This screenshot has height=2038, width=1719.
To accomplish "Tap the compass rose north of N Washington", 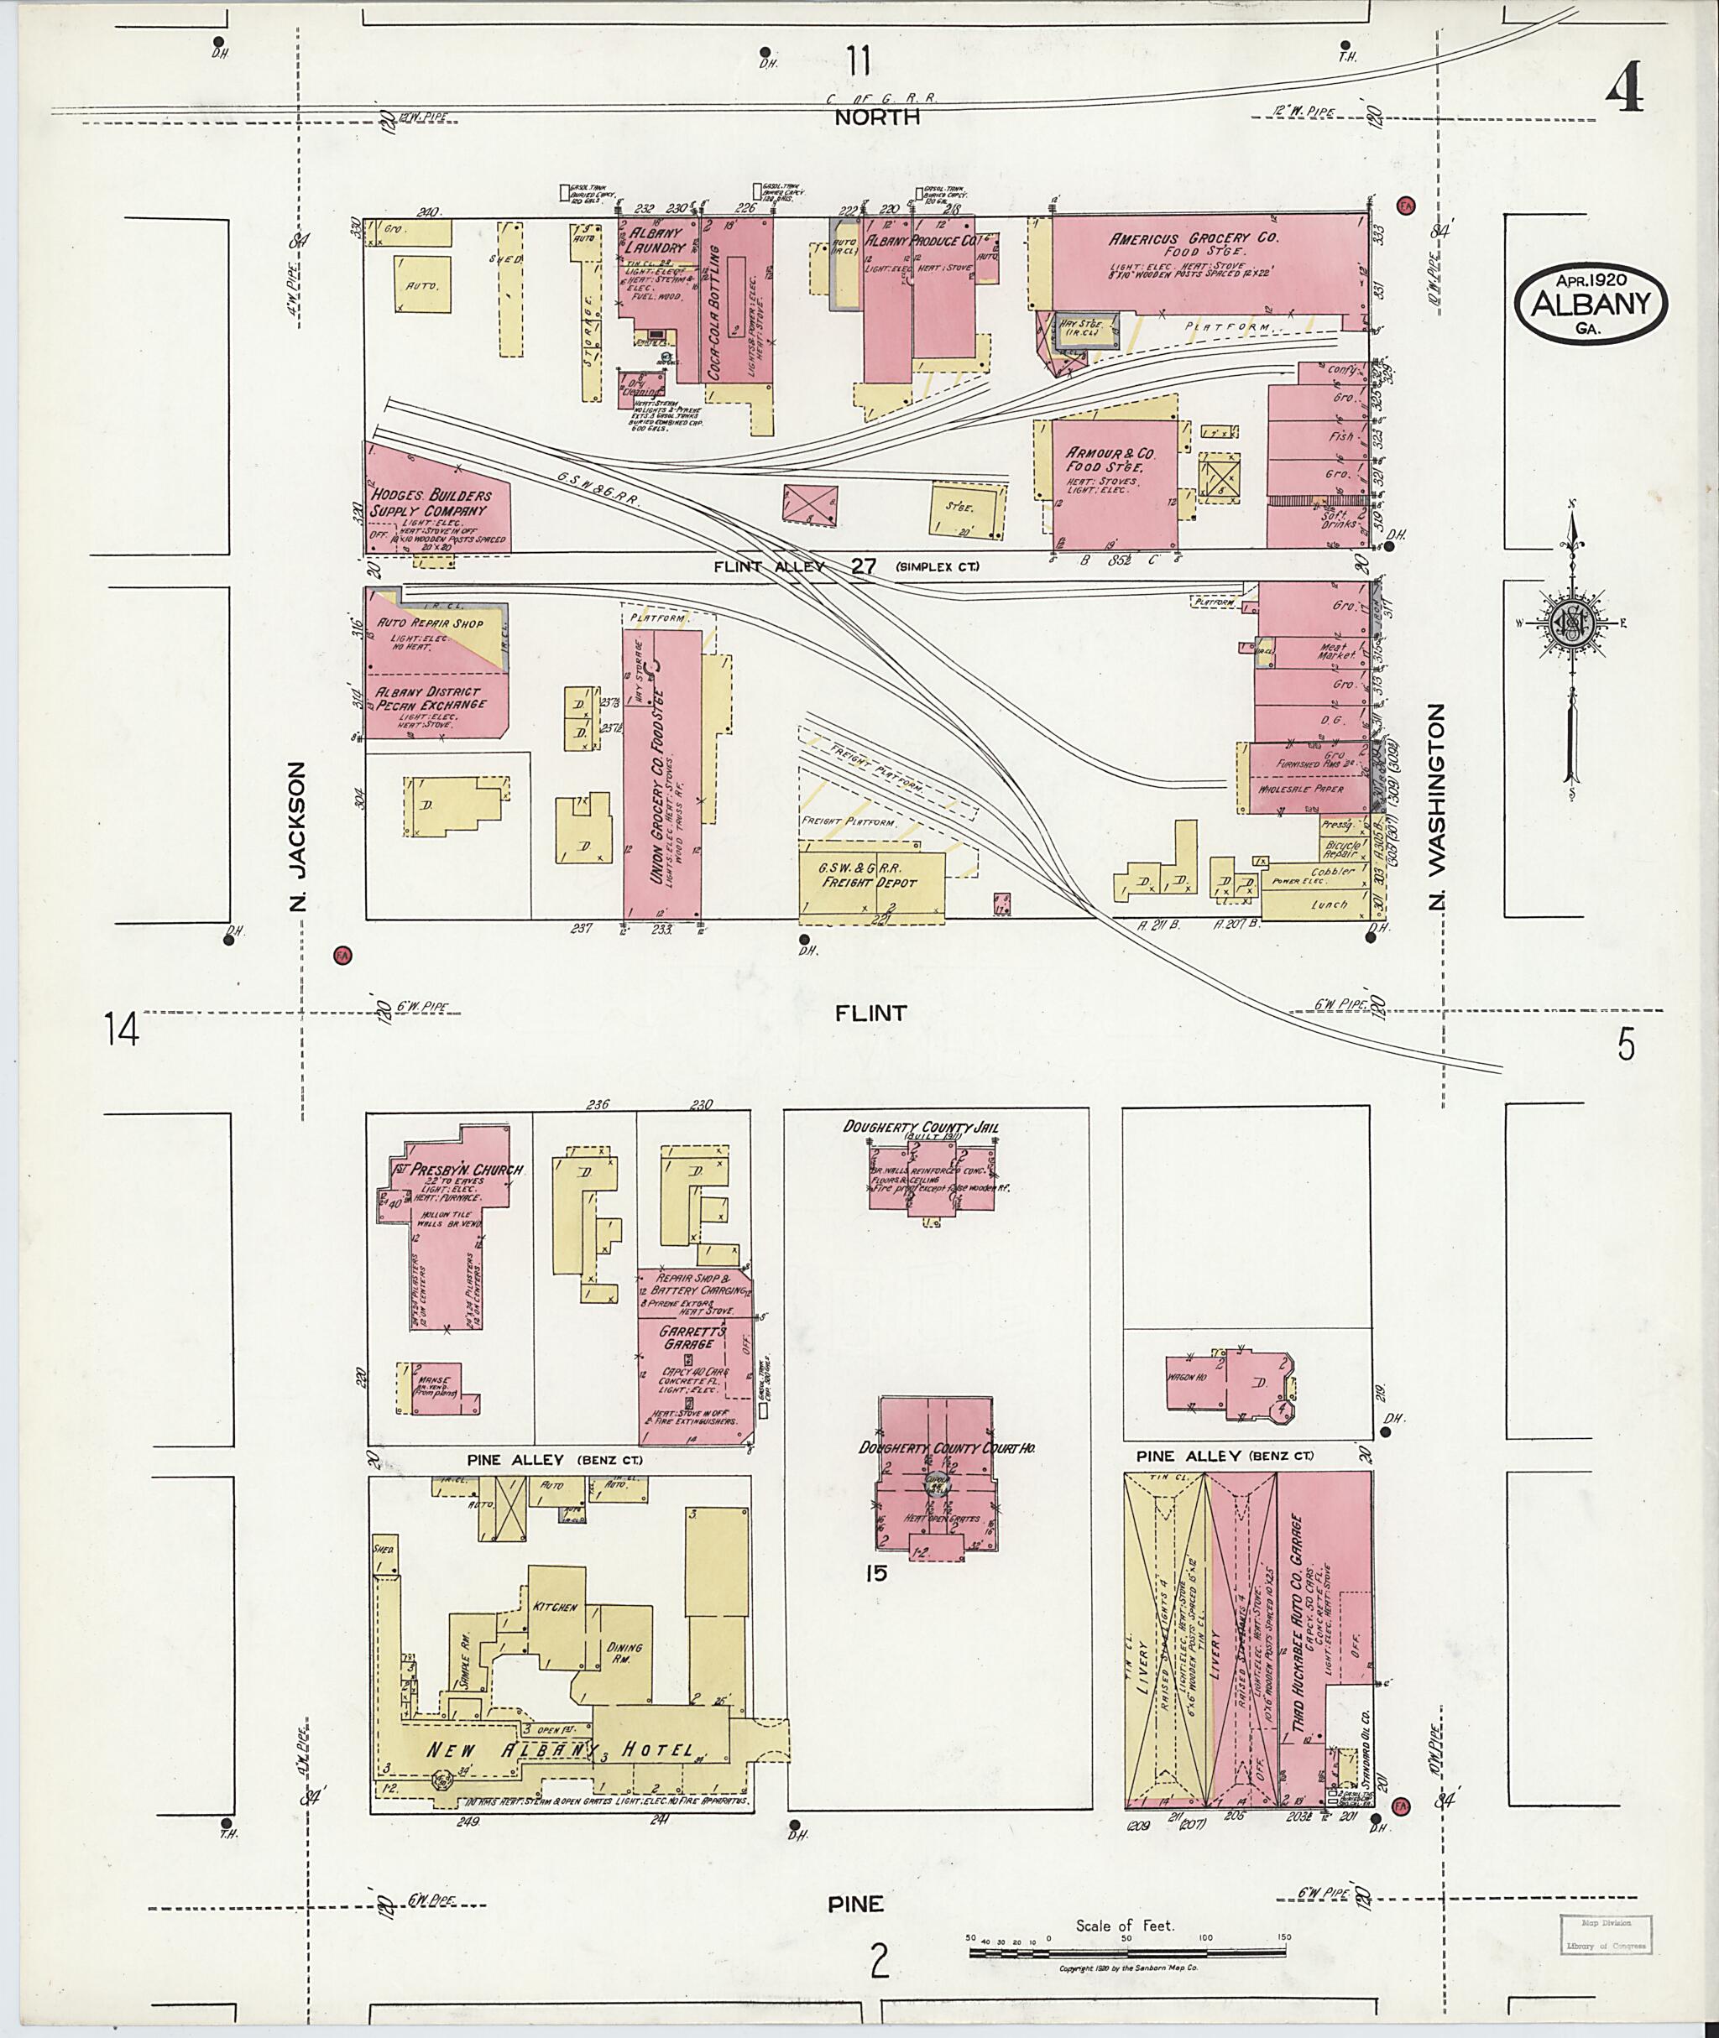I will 1572,624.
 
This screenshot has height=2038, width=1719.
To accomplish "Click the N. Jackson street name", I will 298,836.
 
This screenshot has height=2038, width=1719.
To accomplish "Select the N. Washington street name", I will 1436,806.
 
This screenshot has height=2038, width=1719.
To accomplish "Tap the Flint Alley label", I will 769,566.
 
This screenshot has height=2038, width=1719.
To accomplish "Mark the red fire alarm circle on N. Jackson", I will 341,955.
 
